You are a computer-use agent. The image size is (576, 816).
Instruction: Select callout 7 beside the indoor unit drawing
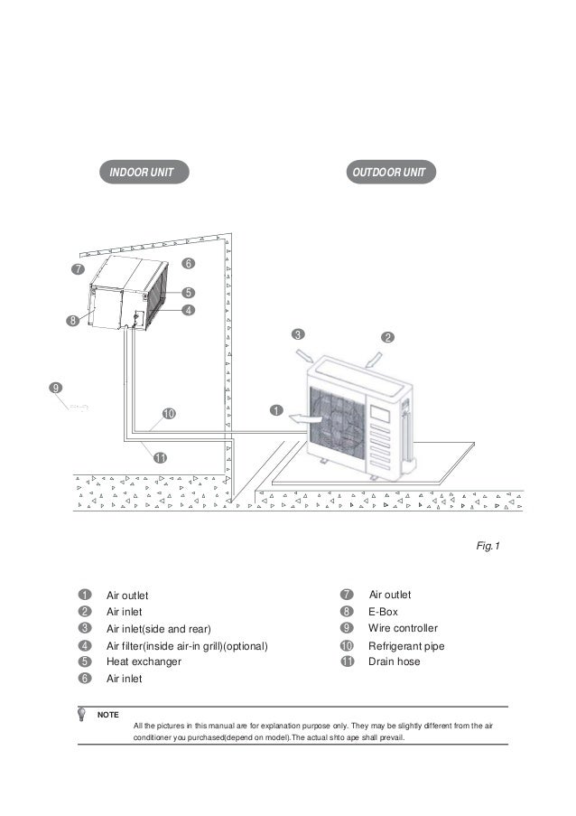pos(79,270)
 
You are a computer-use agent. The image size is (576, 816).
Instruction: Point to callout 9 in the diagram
pos(55,388)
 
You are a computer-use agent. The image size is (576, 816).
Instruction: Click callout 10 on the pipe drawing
pos(168,414)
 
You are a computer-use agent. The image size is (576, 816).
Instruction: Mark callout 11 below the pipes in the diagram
pos(160,458)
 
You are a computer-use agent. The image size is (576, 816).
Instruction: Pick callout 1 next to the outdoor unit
pos(274,410)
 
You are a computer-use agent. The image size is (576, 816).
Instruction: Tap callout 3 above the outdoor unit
pos(297,334)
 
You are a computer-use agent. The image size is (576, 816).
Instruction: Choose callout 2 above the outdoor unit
pos(387,337)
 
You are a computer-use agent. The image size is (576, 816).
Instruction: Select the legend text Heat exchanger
pos(144,662)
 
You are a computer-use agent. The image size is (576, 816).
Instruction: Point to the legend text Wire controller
pos(403,628)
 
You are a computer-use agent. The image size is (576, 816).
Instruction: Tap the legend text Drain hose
pos(394,662)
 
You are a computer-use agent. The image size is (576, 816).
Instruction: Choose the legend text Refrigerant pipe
pos(406,646)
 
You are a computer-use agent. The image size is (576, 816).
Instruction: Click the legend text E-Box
pos(383,612)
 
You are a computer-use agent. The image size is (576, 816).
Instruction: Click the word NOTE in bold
pos(107,715)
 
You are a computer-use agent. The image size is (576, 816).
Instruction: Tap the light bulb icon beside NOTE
pos(84,714)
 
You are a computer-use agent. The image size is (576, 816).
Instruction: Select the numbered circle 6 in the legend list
pos(82,680)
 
